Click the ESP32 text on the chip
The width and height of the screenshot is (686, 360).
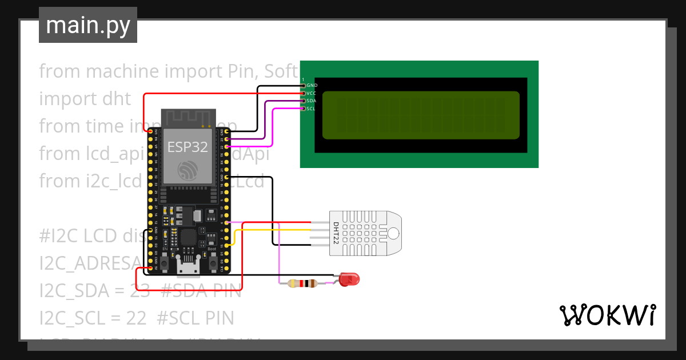(188, 147)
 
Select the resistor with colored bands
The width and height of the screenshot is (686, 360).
(301, 283)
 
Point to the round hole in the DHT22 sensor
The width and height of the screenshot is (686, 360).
(393, 232)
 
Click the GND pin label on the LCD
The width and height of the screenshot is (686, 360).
(312, 85)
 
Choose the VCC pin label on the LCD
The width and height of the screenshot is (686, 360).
(311, 93)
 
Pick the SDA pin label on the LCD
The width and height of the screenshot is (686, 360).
(311, 101)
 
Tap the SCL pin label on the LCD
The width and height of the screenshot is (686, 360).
(311, 108)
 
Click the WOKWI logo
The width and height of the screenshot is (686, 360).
(608, 315)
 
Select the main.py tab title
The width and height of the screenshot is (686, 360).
(88, 25)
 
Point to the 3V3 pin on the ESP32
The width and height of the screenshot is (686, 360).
(151, 131)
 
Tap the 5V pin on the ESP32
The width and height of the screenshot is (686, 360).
(151, 267)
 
